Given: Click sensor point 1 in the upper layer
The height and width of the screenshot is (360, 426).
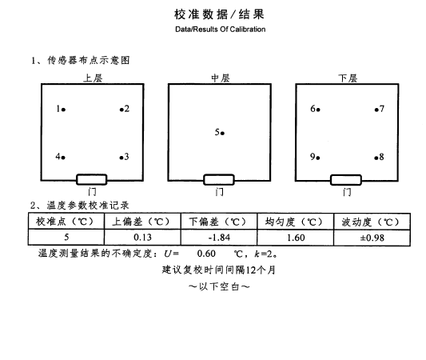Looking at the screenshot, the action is pos(63,110).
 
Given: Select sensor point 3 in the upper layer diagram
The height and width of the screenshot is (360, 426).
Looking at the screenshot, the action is pos(121,158).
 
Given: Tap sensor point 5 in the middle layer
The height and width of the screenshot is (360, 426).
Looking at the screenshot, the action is pos(222,134).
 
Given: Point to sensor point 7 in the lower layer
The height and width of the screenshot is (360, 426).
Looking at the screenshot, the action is pos(376,110).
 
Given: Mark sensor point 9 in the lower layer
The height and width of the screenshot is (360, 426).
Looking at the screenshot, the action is pos(318,158).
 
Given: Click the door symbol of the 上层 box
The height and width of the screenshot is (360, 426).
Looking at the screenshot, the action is pos(92,180).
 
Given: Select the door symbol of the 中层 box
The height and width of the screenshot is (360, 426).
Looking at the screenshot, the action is pos(219,180).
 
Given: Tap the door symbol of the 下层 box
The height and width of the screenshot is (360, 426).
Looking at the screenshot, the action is pos(346,180).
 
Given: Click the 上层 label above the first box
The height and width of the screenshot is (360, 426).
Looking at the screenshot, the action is pos(93,78).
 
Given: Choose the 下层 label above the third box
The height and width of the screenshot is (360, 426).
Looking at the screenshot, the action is pos(348,78).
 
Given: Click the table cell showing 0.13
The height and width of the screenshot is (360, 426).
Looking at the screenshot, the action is pos(142,238).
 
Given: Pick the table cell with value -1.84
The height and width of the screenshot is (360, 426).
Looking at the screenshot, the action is pos(219,238).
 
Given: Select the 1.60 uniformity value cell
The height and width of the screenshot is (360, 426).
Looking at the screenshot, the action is pos(296,238).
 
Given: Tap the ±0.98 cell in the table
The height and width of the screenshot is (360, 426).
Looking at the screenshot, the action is pos(372,238).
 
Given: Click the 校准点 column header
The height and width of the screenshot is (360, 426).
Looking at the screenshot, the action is pos(66,222).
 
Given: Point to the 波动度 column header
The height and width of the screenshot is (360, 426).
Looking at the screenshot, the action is pos(372,222).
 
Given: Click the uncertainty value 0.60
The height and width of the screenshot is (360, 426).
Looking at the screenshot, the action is pos(206,254).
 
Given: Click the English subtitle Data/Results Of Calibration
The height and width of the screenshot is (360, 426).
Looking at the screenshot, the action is pos(221,30).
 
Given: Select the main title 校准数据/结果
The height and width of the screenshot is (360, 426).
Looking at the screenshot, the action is pos(219,14).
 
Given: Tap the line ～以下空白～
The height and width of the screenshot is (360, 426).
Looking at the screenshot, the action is pos(219,286).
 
